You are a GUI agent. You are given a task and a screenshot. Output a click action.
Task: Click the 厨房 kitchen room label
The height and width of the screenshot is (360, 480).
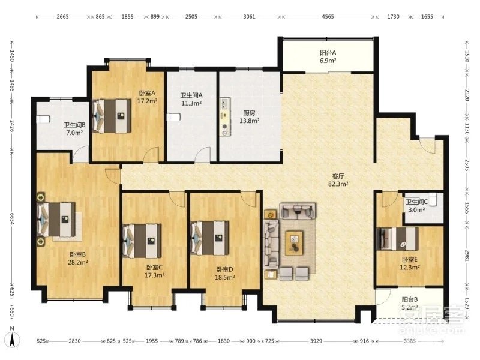coord(249,113)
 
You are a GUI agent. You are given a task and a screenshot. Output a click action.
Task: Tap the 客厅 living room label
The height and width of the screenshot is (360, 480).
coord(338,176)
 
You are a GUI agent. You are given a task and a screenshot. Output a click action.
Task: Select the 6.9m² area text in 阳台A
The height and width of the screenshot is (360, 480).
coord(328,61)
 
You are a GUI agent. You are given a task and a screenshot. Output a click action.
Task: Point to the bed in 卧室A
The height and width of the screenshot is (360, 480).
coord(112,116)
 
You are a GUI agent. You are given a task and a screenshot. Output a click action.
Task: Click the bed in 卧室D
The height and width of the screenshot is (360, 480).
coord(209,238)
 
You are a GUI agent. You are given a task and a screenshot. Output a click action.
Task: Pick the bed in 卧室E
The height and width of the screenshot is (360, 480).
coord(397,239)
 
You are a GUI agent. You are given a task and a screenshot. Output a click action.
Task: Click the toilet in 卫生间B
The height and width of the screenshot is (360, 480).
coord(43,119)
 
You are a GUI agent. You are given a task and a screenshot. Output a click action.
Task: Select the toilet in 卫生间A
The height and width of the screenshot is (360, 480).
coord(173,117)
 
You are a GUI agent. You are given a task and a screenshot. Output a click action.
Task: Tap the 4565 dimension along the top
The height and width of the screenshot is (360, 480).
coord(328,17)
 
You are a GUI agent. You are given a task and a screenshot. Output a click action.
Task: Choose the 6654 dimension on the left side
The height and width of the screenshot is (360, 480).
coord(12,219)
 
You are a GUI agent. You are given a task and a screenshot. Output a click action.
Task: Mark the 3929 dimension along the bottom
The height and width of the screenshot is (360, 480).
coord(316,341)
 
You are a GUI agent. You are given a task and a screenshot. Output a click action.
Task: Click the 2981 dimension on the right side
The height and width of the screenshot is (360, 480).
coord(467,256)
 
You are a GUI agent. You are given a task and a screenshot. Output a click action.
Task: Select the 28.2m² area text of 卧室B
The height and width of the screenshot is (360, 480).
coord(78,262)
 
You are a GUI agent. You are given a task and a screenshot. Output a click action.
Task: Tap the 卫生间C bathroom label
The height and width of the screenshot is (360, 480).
coord(416,202)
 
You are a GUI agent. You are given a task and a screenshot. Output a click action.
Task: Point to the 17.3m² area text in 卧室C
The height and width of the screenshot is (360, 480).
coord(155,275)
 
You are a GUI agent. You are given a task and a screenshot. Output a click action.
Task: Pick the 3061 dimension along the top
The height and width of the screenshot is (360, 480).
coord(249,17)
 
